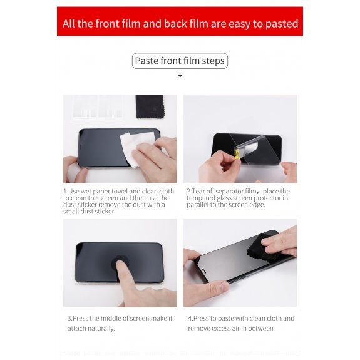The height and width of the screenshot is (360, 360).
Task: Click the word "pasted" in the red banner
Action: click(282, 24)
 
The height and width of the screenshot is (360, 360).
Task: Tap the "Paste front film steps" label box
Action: click(180, 61)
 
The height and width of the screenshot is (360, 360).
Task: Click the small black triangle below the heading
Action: click(180, 76)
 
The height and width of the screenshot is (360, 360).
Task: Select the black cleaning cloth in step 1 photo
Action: click(150, 107)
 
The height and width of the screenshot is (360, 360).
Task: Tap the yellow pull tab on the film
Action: click(237, 154)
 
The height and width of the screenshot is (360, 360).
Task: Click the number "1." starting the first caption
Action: click(66, 191)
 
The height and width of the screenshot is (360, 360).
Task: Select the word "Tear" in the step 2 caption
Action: click(198, 191)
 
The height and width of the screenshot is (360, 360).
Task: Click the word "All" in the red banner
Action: click(69, 24)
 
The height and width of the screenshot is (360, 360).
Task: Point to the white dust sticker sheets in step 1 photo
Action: click(98, 108)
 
